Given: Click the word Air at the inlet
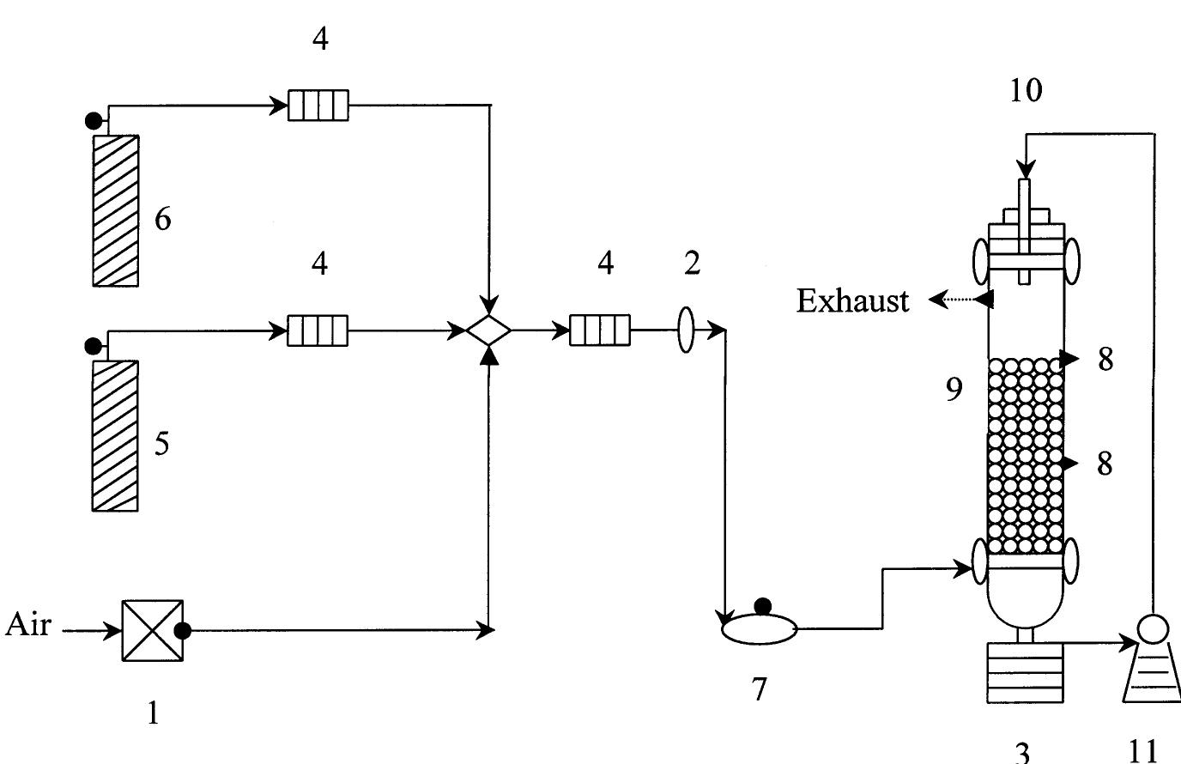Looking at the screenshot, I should pyautogui.click(x=28, y=624).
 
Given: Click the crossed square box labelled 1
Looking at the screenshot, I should pyautogui.click(x=153, y=631).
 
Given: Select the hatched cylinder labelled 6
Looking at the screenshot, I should pyautogui.click(x=116, y=210).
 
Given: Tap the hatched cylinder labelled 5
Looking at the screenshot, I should pyautogui.click(x=115, y=435).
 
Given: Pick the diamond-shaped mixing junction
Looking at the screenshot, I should pyautogui.click(x=488, y=330).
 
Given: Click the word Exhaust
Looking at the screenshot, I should pyautogui.click(x=852, y=301).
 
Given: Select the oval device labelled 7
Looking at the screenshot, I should pyautogui.click(x=758, y=629).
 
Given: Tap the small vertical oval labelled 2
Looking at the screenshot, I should pyautogui.click(x=686, y=330).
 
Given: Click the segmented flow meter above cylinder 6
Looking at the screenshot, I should pyautogui.click(x=318, y=106).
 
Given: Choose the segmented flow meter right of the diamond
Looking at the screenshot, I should pyautogui.click(x=600, y=330).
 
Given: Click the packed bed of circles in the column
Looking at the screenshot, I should pyautogui.click(x=1025, y=456).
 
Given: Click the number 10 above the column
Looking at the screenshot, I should pyautogui.click(x=1026, y=90).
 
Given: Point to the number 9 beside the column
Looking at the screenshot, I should pyautogui.click(x=954, y=390).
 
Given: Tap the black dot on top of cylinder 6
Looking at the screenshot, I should pyautogui.click(x=94, y=121).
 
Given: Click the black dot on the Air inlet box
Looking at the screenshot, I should pyautogui.click(x=183, y=631).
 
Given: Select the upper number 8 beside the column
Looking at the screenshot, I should pyautogui.click(x=1105, y=360).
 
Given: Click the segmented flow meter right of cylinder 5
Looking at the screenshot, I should pyautogui.click(x=318, y=330).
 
